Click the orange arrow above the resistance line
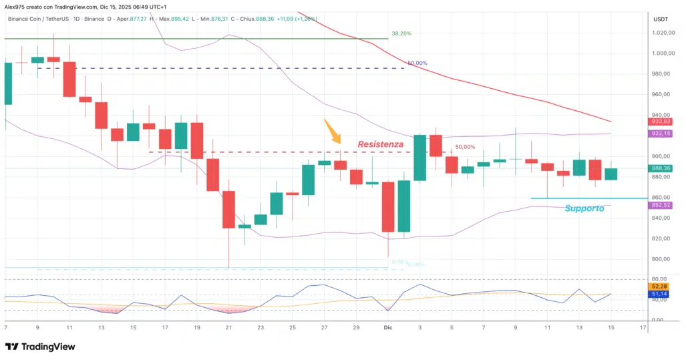[x=332, y=131]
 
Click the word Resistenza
[x=380, y=144]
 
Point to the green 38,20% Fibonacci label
[x=401, y=33]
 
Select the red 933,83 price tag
[x=661, y=122]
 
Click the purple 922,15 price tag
[x=661, y=134]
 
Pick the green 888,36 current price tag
[x=661, y=168]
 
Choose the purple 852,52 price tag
[x=661, y=205]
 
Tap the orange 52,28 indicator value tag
[x=660, y=287]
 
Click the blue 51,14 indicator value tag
[x=660, y=294]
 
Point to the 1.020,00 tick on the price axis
[x=662, y=33]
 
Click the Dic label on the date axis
[x=388, y=328]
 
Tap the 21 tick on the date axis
[x=228, y=328]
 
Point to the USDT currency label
[x=660, y=19]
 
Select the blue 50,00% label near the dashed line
[x=417, y=63]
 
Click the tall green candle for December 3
[x=420, y=158]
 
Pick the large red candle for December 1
[x=388, y=207]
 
